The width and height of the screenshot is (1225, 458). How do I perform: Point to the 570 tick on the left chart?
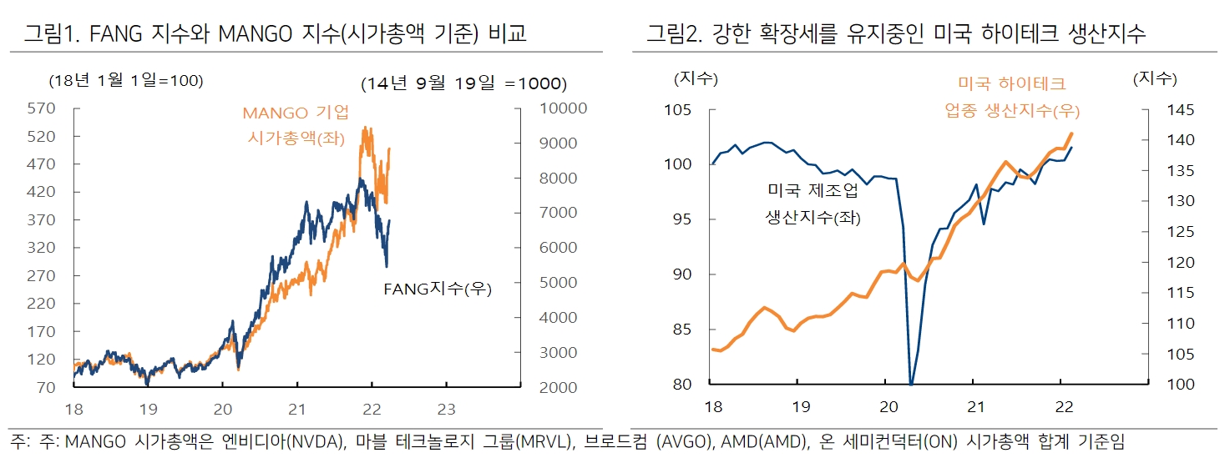click(42, 108)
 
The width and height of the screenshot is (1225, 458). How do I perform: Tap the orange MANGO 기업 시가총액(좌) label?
click(296, 125)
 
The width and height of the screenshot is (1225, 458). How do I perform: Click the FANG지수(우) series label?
click(437, 289)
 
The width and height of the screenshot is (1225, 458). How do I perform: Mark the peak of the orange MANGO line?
click(365, 128)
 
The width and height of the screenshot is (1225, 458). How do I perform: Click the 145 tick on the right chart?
click(1162, 110)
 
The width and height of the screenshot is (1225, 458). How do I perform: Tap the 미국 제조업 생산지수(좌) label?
click(812, 204)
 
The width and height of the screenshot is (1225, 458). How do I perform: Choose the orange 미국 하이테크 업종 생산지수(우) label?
click(1012, 97)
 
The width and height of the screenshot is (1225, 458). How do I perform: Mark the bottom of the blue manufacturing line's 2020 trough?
click(910, 384)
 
